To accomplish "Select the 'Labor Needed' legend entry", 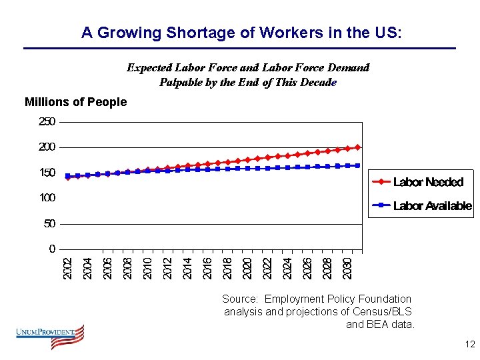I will [427, 182].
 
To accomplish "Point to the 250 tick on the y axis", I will [47, 121].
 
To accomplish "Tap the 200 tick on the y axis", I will [47, 147].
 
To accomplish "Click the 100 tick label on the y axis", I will [47, 198].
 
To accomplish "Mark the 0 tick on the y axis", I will [52, 249].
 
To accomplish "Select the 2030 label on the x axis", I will [347, 268].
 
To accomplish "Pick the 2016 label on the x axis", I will [207, 268].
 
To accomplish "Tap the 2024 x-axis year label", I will [287, 268].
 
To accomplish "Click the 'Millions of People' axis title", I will [75, 102].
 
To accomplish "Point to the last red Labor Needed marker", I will [358, 147].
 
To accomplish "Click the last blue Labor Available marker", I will [358, 165].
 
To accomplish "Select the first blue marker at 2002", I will [67, 176].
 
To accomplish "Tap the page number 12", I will [469, 345].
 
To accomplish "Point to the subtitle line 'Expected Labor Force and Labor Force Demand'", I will [248, 67].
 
